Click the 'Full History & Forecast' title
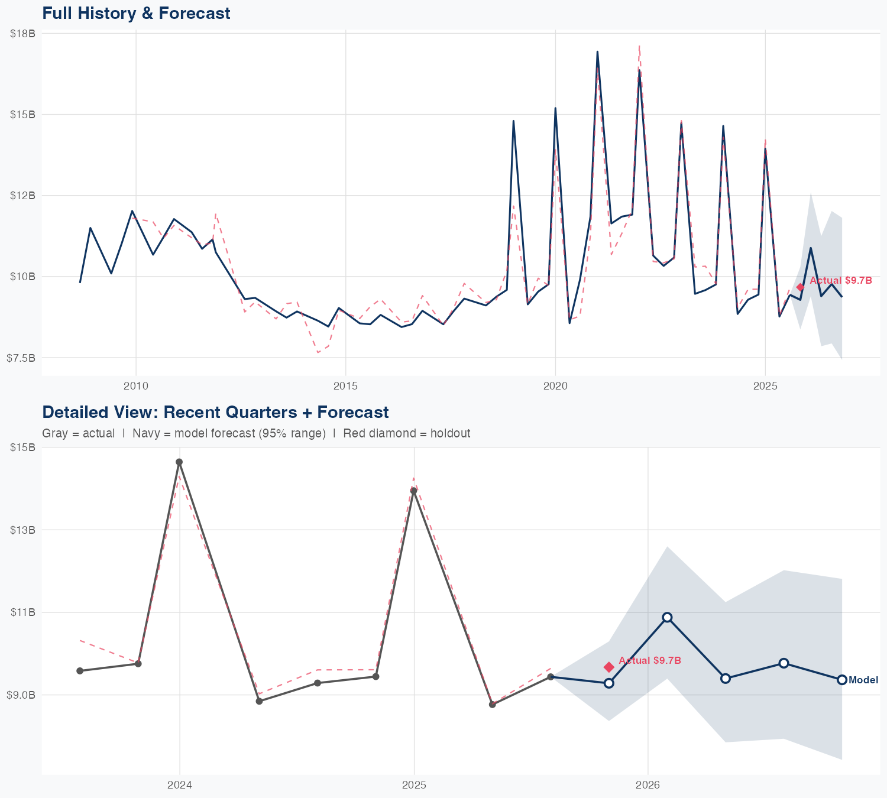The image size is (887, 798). pos(136,13)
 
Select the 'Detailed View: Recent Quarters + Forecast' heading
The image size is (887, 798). pos(215,412)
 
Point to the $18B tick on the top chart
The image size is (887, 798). pos(22,34)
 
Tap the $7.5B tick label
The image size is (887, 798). pos(21,358)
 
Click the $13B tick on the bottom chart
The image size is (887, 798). pos(22,530)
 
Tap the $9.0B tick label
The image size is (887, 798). pos(21,695)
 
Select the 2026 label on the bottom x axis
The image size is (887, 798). pos(648,786)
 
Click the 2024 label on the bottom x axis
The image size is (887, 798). pos(180,786)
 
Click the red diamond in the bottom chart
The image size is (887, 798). pos(609,667)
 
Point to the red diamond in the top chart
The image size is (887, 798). pos(801,287)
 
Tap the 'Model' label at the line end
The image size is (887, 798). pos(863,680)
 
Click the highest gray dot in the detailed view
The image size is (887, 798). pos(179,462)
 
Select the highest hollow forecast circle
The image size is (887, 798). pos(667,617)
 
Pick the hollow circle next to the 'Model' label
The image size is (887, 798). pos(842,680)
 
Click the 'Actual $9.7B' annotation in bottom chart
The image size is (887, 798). pos(650,660)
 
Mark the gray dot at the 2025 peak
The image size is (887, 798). pos(414,491)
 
